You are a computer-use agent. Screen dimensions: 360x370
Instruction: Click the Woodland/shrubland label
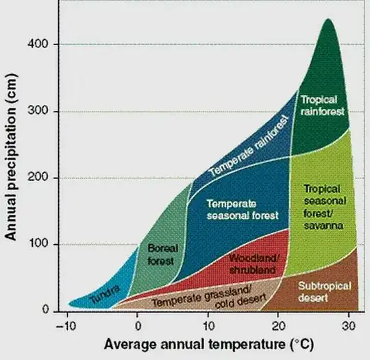pos(254,264)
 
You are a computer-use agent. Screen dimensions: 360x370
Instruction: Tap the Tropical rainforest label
pos(321,104)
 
